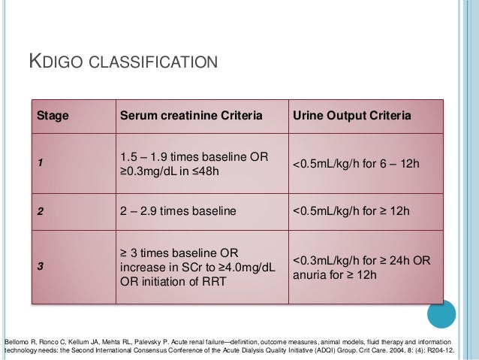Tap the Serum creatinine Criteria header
pos(191,116)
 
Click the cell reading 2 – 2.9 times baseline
pos(177,211)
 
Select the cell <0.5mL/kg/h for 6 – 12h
pos(354,164)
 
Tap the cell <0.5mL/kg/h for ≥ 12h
pos(354,211)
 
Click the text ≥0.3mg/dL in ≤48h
pos(169,171)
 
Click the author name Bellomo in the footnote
pos(18,340)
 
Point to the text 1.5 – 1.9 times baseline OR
pos(194,156)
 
